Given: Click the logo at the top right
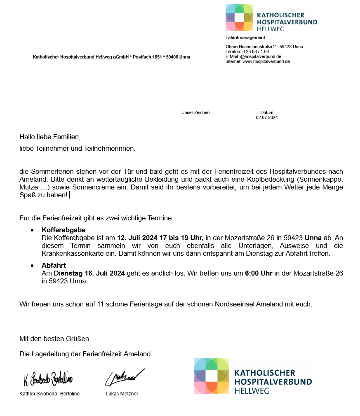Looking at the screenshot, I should [x=271, y=18].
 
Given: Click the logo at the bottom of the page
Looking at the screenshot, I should [x=252, y=376].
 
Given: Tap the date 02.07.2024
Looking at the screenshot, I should [x=267, y=117].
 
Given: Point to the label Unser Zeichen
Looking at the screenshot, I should [x=195, y=112].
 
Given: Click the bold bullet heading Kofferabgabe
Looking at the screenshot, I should [x=64, y=230].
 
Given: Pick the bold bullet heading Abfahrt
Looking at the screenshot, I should [x=54, y=265].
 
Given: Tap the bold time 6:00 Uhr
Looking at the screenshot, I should [x=259, y=273].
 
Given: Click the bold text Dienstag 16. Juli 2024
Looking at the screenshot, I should [x=89, y=273].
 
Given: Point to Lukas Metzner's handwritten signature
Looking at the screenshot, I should [x=125, y=377].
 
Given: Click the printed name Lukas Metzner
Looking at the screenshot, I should [x=122, y=394].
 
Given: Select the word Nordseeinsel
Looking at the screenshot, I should [x=235, y=304].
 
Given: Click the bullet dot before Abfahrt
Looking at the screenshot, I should [x=32, y=266].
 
